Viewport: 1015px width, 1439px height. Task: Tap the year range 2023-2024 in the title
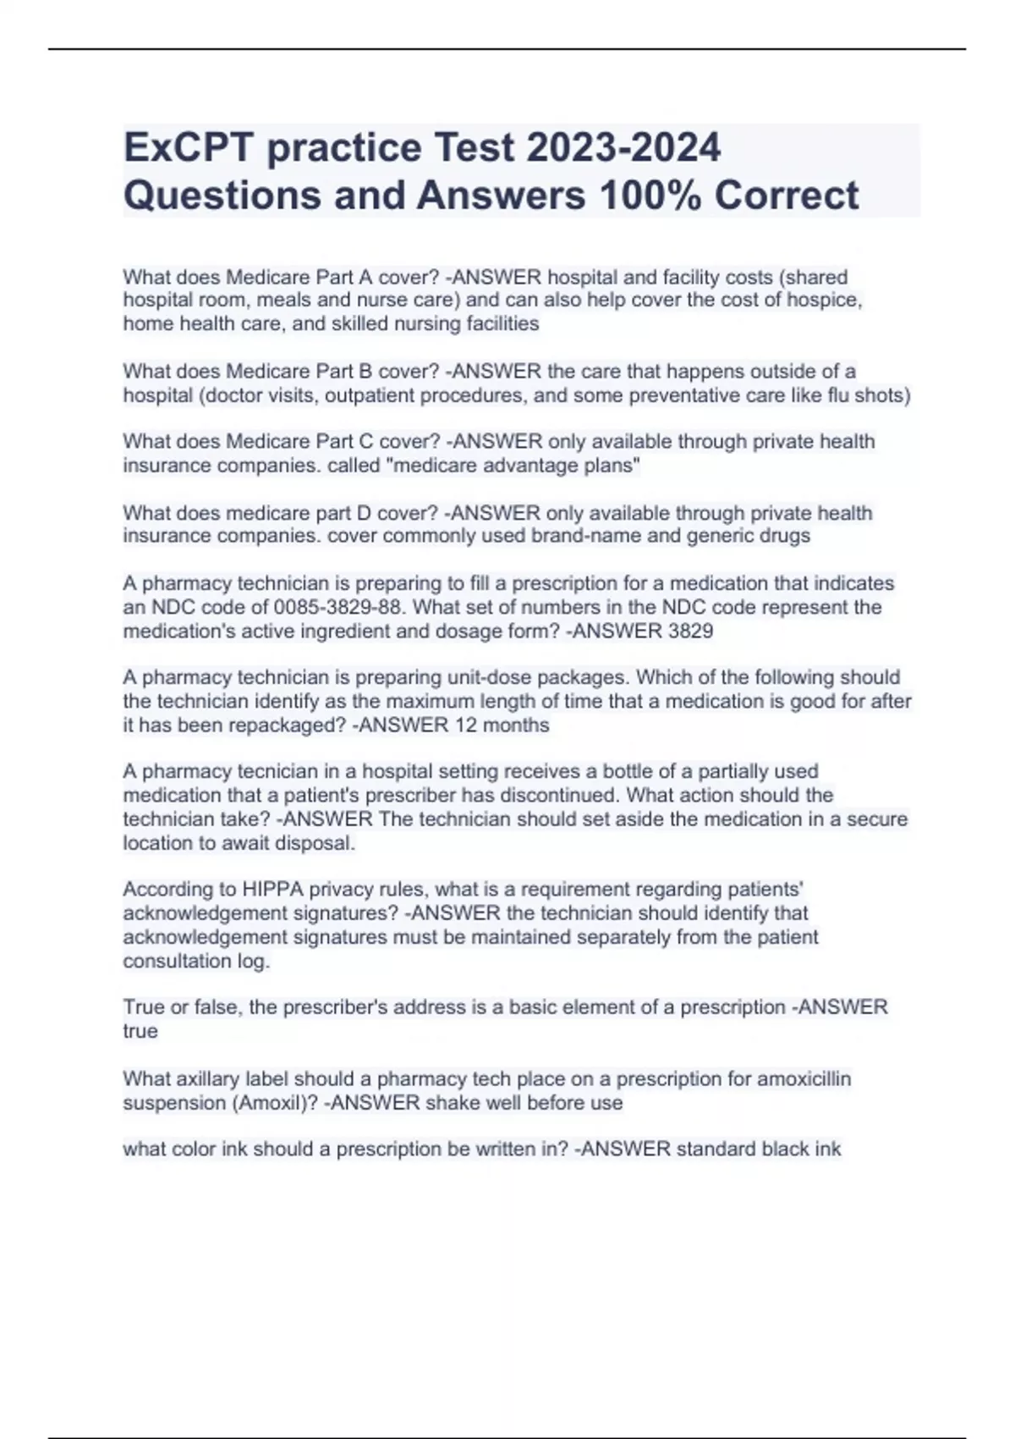click(x=623, y=147)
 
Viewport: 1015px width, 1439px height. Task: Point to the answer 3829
click(x=689, y=631)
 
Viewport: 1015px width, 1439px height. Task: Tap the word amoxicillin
click(x=804, y=1078)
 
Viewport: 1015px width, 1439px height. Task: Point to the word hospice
click(x=825, y=300)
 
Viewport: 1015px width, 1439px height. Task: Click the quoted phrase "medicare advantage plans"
click(x=513, y=466)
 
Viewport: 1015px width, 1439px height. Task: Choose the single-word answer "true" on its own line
click(x=140, y=1031)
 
